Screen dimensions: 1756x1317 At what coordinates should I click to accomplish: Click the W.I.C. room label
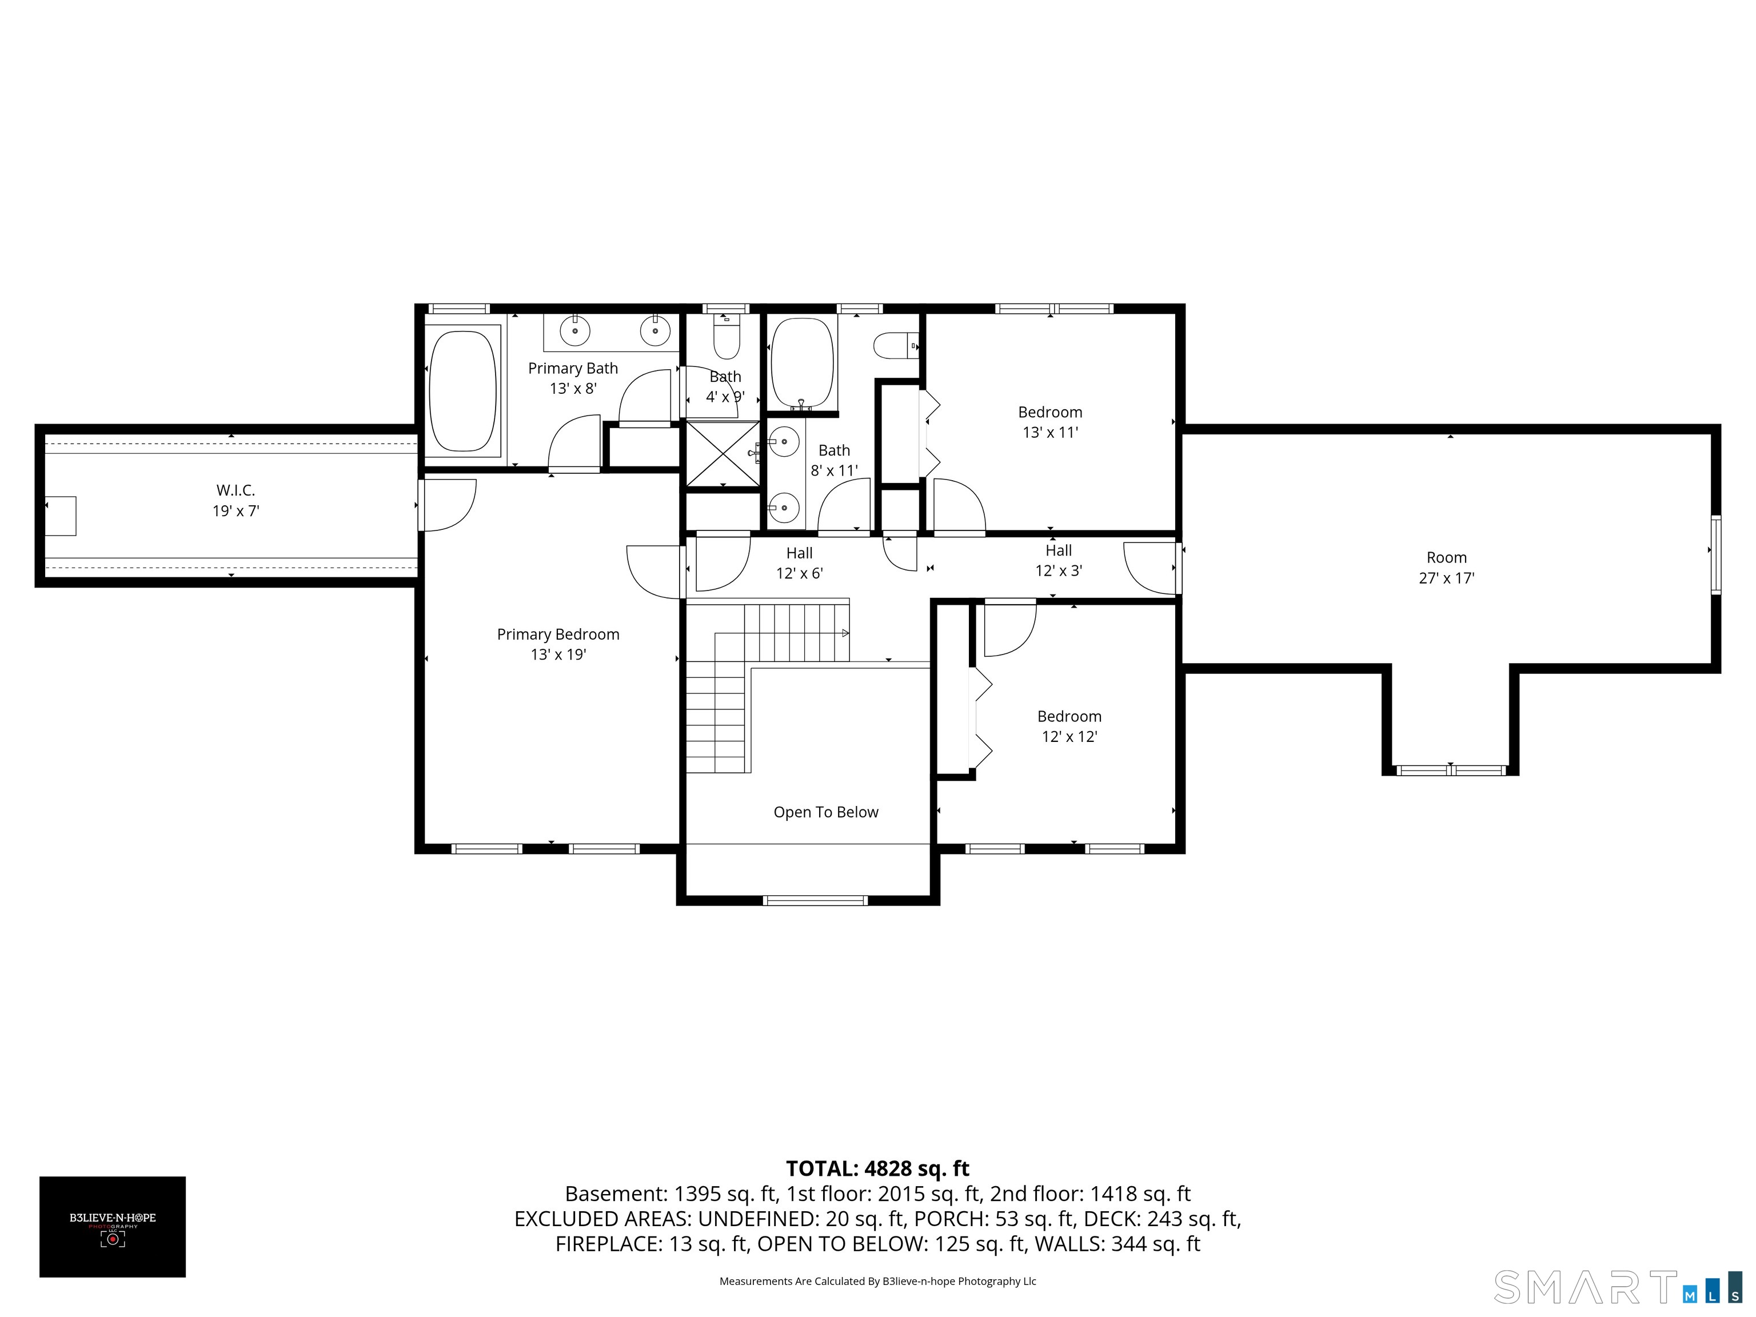point(236,490)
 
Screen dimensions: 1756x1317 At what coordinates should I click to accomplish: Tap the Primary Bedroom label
point(558,634)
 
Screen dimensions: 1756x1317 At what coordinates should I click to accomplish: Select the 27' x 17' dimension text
point(1446,578)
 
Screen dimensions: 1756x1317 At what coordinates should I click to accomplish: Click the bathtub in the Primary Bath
point(463,390)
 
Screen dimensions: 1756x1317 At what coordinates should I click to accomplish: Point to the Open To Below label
point(825,812)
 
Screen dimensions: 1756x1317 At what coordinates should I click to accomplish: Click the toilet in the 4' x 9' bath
point(727,337)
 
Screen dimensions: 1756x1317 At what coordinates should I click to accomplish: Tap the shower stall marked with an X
point(723,453)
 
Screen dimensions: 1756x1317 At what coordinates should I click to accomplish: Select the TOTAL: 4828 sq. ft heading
point(877,1168)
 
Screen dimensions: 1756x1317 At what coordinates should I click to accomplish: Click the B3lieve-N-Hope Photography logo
point(113,1227)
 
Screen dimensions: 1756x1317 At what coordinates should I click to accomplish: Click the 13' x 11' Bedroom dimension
point(1050,433)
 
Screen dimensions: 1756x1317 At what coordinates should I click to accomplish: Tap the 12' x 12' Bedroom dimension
point(1069,737)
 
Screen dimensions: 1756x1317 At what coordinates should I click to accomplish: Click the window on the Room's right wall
point(1715,554)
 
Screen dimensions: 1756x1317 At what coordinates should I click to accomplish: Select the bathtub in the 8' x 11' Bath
point(803,364)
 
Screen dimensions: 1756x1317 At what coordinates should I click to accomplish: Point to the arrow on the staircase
point(846,633)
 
